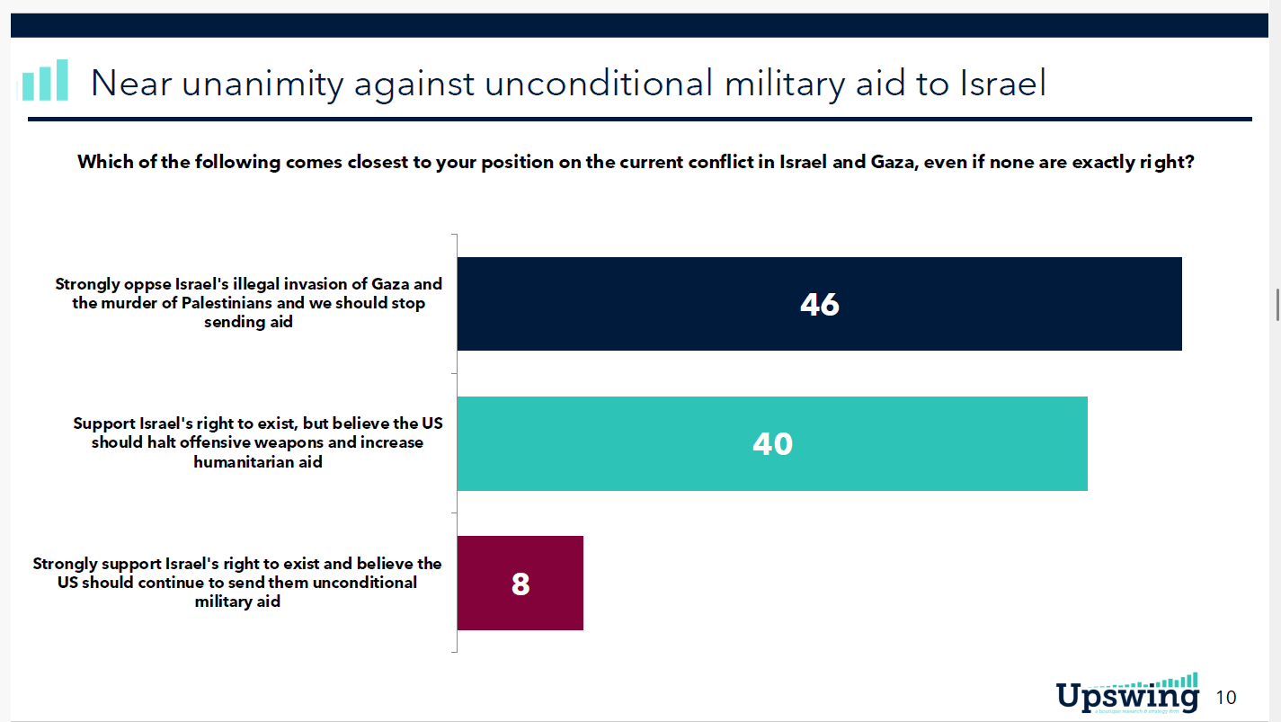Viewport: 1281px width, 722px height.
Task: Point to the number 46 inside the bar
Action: click(819, 305)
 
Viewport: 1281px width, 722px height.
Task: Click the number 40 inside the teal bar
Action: click(772, 444)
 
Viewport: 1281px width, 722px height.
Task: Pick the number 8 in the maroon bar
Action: click(520, 584)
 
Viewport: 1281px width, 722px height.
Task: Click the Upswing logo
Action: click(1127, 695)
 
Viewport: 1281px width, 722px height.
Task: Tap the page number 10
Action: click(1225, 698)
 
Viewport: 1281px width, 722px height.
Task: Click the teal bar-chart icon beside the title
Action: click(44, 81)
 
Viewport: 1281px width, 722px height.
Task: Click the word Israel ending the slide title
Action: click(1002, 84)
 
